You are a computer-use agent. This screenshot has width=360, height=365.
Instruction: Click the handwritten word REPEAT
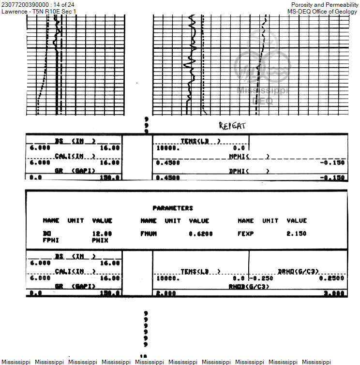click(x=232, y=126)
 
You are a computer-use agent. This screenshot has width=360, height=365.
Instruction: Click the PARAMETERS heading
click(x=173, y=208)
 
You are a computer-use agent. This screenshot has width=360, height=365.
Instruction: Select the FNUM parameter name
click(x=149, y=234)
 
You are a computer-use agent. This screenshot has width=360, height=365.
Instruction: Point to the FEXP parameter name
click(x=246, y=234)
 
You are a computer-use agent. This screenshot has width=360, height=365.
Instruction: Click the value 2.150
click(x=297, y=234)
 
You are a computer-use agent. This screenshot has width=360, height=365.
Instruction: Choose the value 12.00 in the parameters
click(x=102, y=234)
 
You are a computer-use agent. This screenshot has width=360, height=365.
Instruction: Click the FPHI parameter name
click(x=50, y=239)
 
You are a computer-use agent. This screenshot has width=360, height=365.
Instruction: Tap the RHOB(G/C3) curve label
click(x=249, y=286)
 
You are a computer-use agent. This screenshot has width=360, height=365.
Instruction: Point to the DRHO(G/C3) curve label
click(x=298, y=272)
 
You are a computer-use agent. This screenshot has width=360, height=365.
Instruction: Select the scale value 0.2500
click(x=332, y=278)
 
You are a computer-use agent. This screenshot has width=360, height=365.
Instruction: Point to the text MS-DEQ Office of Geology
click(x=322, y=12)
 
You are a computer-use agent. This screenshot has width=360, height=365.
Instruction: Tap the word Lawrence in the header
click(x=14, y=12)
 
